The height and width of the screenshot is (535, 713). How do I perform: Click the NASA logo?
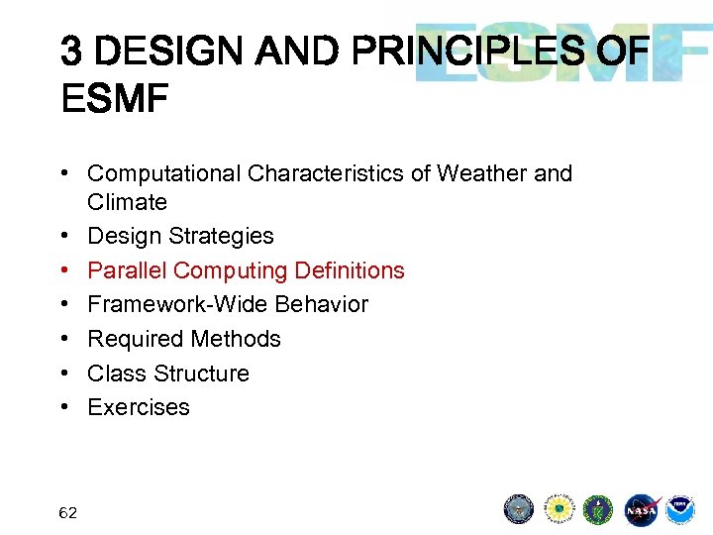(x=641, y=509)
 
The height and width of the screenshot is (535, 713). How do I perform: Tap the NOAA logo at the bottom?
(x=680, y=509)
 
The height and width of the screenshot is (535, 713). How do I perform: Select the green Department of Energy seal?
(x=599, y=509)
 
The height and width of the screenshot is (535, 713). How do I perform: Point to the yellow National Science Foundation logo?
(x=559, y=509)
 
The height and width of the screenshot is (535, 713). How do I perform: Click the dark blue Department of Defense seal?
(x=519, y=509)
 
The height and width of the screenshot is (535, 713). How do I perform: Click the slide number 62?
(x=68, y=512)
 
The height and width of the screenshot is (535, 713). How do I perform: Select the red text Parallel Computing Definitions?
(x=246, y=270)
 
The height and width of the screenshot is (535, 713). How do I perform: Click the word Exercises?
(x=139, y=407)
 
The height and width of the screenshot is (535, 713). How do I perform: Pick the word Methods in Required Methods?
(x=239, y=339)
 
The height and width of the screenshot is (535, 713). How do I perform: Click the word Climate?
(x=127, y=202)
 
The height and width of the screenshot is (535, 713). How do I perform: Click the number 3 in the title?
(x=71, y=51)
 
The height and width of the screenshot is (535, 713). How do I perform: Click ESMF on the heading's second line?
(x=114, y=99)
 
